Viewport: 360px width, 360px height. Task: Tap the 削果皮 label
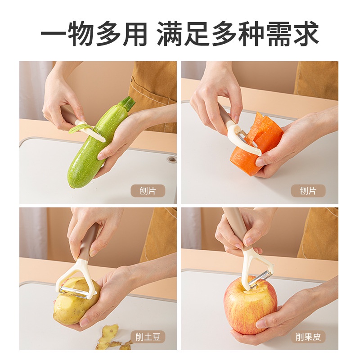[308, 337]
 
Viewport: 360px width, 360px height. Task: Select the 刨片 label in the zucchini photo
[148, 191]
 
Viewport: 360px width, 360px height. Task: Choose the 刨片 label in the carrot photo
[308, 191]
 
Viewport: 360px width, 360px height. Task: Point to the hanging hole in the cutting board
[171, 159]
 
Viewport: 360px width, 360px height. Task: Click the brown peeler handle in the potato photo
[88, 243]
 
